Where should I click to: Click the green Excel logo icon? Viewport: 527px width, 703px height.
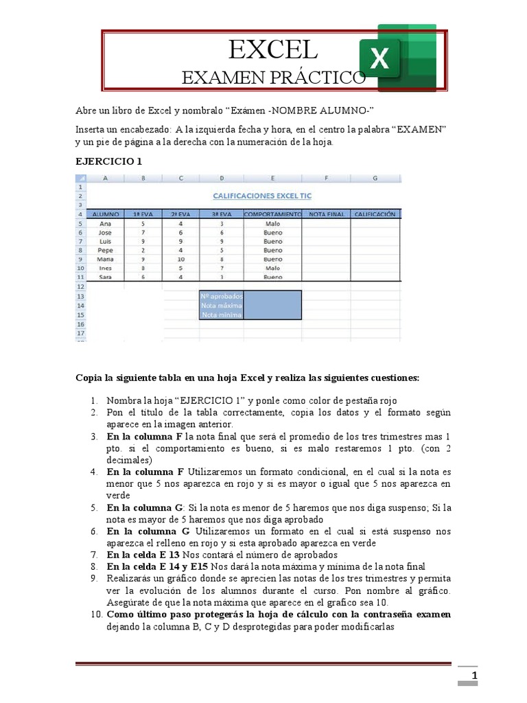397,58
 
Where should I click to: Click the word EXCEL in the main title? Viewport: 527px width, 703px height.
273,51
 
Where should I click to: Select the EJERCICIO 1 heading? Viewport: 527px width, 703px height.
109,161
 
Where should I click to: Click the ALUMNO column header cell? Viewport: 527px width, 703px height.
106,214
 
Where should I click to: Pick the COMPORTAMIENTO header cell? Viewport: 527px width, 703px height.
272,214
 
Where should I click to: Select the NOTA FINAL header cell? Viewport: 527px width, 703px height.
326,214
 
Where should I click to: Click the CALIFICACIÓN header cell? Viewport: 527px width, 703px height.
375,214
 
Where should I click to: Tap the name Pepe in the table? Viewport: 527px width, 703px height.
106,251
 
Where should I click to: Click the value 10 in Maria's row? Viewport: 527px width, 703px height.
181,260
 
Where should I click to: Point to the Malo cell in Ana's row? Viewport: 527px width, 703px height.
272,223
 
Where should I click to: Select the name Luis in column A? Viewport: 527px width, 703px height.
106,242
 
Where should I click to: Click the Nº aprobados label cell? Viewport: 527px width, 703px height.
221,296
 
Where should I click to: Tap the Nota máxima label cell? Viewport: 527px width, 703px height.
221,306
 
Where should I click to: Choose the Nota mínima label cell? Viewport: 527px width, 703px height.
221,315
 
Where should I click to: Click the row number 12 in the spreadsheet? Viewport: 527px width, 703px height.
80,286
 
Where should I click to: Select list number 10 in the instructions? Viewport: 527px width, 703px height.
95,614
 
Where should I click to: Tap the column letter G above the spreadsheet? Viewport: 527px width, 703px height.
375,178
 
